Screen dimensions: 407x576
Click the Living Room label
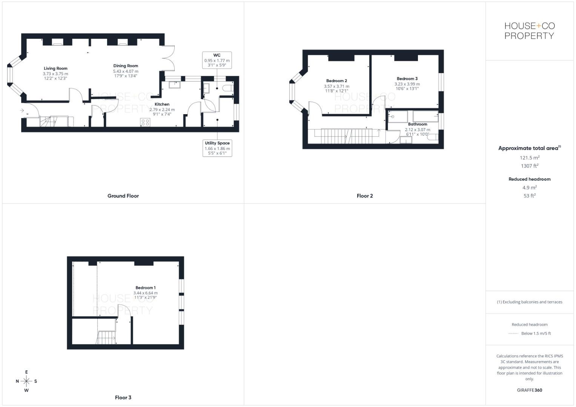[x=55, y=69]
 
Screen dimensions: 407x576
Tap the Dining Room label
[x=126, y=66]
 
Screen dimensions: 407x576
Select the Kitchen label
[x=162, y=104]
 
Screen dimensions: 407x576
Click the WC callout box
[x=217, y=60]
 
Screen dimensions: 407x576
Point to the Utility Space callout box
[x=217, y=148]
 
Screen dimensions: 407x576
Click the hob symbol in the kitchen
[x=145, y=122]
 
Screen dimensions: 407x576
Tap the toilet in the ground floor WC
[x=228, y=88]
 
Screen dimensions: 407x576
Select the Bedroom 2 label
[x=336, y=81]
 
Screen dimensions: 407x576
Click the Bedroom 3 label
[x=407, y=79]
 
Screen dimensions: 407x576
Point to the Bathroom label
[x=418, y=124]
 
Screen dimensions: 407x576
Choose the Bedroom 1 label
[x=146, y=288]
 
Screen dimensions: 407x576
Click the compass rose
[x=26, y=381]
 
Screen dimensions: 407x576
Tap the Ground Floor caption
[x=123, y=196]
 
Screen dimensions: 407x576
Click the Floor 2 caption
[x=365, y=196]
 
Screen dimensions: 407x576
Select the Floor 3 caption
[x=123, y=398]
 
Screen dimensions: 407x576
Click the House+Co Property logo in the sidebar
[x=530, y=31]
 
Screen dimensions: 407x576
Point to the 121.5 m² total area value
[x=530, y=158]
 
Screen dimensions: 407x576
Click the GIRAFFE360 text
[x=530, y=390]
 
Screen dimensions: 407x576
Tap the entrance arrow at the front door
[x=22, y=111]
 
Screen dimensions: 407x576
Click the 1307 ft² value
[x=530, y=166]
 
